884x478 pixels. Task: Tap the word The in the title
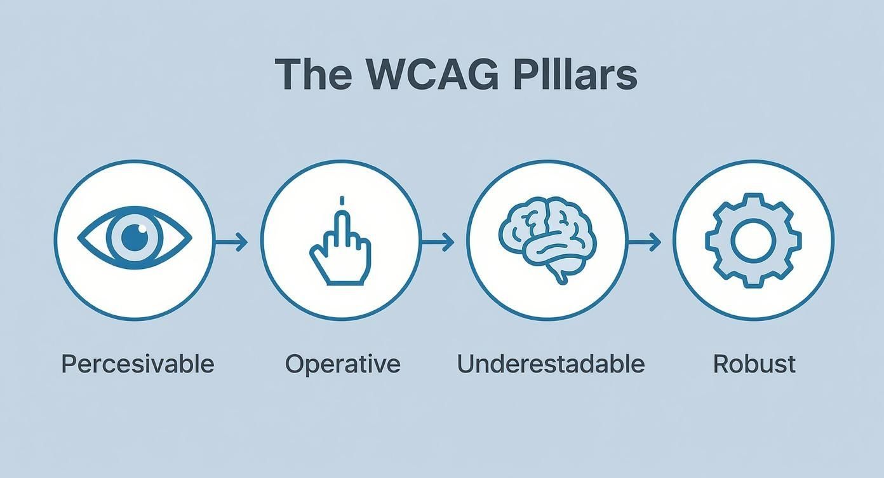point(313,74)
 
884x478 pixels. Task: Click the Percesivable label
point(138,364)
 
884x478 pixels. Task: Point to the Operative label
point(342,364)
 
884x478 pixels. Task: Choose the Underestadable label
point(551,364)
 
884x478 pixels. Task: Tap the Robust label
point(754,364)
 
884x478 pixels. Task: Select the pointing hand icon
point(340,244)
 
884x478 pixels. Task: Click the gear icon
point(753,240)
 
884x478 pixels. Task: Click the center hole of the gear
point(753,240)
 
